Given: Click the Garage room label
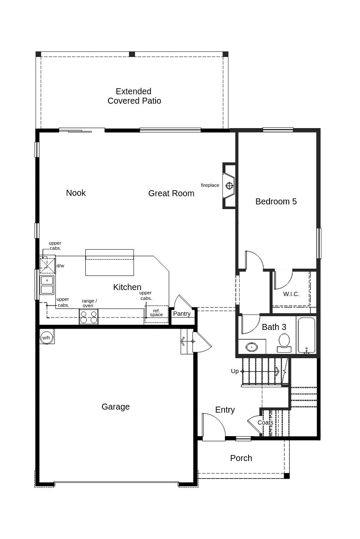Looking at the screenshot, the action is [x=116, y=407].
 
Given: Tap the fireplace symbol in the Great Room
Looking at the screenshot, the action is [x=229, y=186].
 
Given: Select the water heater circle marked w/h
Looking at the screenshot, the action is [x=46, y=337].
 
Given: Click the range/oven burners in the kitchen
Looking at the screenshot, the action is [x=89, y=317].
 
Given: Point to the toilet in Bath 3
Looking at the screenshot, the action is [x=284, y=343].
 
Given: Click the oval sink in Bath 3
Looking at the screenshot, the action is [x=252, y=347].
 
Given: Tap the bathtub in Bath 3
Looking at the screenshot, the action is [x=306, y=335].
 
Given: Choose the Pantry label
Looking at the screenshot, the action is [x=182, y=314].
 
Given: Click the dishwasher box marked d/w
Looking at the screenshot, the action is [x=48, y=265].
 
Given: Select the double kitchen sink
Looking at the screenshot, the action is [x=47, y=285].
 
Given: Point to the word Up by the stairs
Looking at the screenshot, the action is [x=234, y=371].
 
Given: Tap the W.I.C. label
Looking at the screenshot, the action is [x=291, y=294].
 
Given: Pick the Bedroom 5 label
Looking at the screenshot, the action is [x=276, y=202].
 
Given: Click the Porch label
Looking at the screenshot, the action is [x=241, y=458].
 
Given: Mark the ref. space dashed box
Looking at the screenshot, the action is [x=156, y=314].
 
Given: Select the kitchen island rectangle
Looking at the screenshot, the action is [x=109, y=263].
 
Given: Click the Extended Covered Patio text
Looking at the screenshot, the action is [x=134, y=96].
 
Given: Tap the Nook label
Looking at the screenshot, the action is [x=76, y=193].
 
